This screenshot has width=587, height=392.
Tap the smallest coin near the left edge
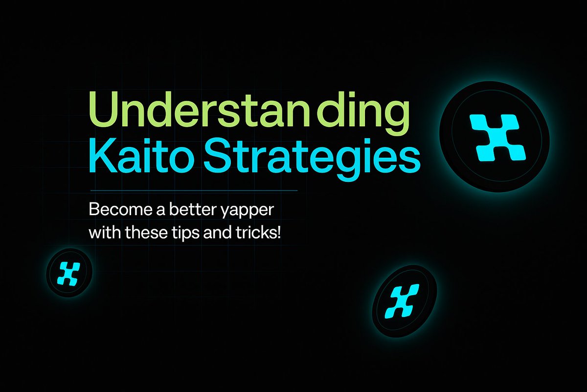click(69, 272)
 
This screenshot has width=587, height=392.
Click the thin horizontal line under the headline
click(194, 190)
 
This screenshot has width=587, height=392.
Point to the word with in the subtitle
click(103, 232)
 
